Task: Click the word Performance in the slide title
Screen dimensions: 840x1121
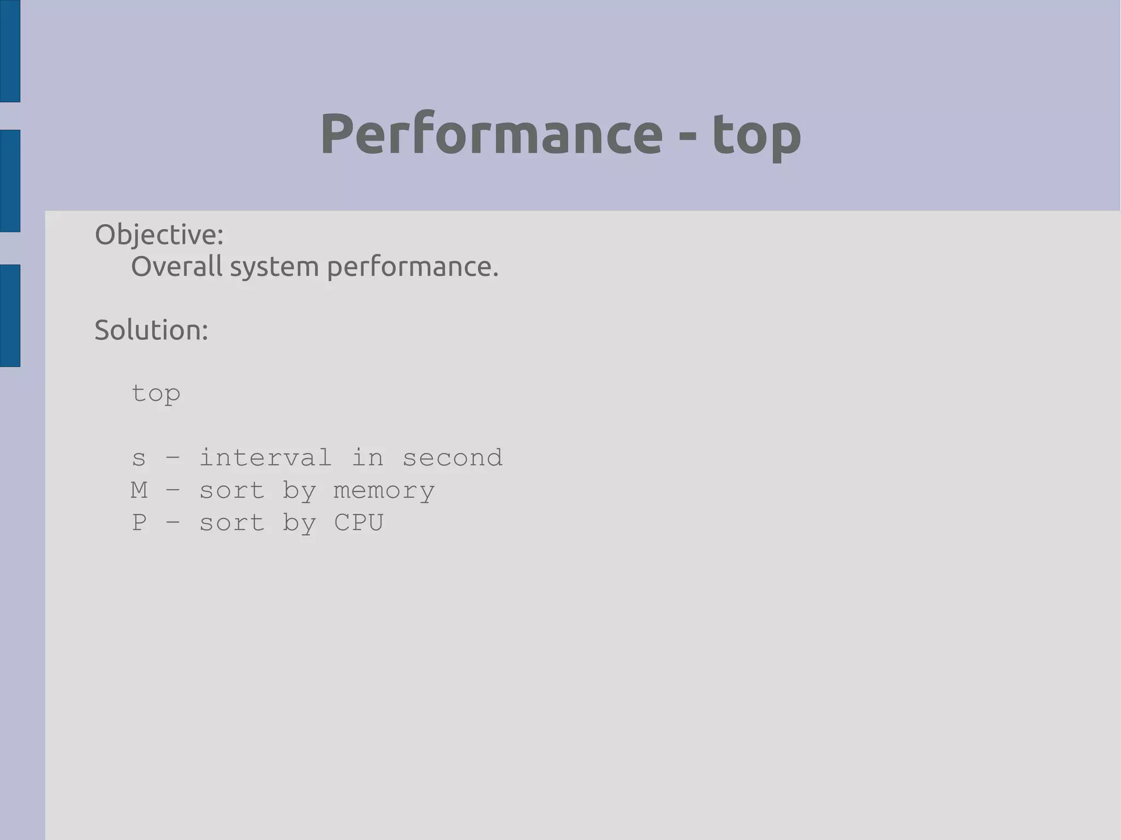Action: pos(491,134)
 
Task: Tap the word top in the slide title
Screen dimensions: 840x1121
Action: pos(756,136)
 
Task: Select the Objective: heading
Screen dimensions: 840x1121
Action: pos(159,235)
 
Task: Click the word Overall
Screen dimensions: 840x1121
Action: pos(177,267)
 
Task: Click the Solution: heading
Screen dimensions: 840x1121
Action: pos(152,330)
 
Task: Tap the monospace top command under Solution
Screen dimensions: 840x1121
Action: pos(156,394)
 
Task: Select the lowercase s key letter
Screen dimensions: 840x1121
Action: pos(139,458)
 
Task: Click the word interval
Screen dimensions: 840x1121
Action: pos(265,457)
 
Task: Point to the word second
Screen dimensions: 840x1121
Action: pos(453,457)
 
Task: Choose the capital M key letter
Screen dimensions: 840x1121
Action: pos(139,490)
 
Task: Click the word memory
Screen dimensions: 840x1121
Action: pos(384,491)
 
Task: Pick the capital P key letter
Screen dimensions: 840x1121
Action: pos(139,522)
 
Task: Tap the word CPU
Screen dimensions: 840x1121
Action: pos(359,522)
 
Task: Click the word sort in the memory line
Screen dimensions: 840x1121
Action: pos(232,490)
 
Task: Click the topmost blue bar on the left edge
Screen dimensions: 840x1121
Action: pos(10,51)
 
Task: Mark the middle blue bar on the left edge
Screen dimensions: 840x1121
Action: pos(10,181)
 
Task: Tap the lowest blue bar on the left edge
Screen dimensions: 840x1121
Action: pos(10,315)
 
